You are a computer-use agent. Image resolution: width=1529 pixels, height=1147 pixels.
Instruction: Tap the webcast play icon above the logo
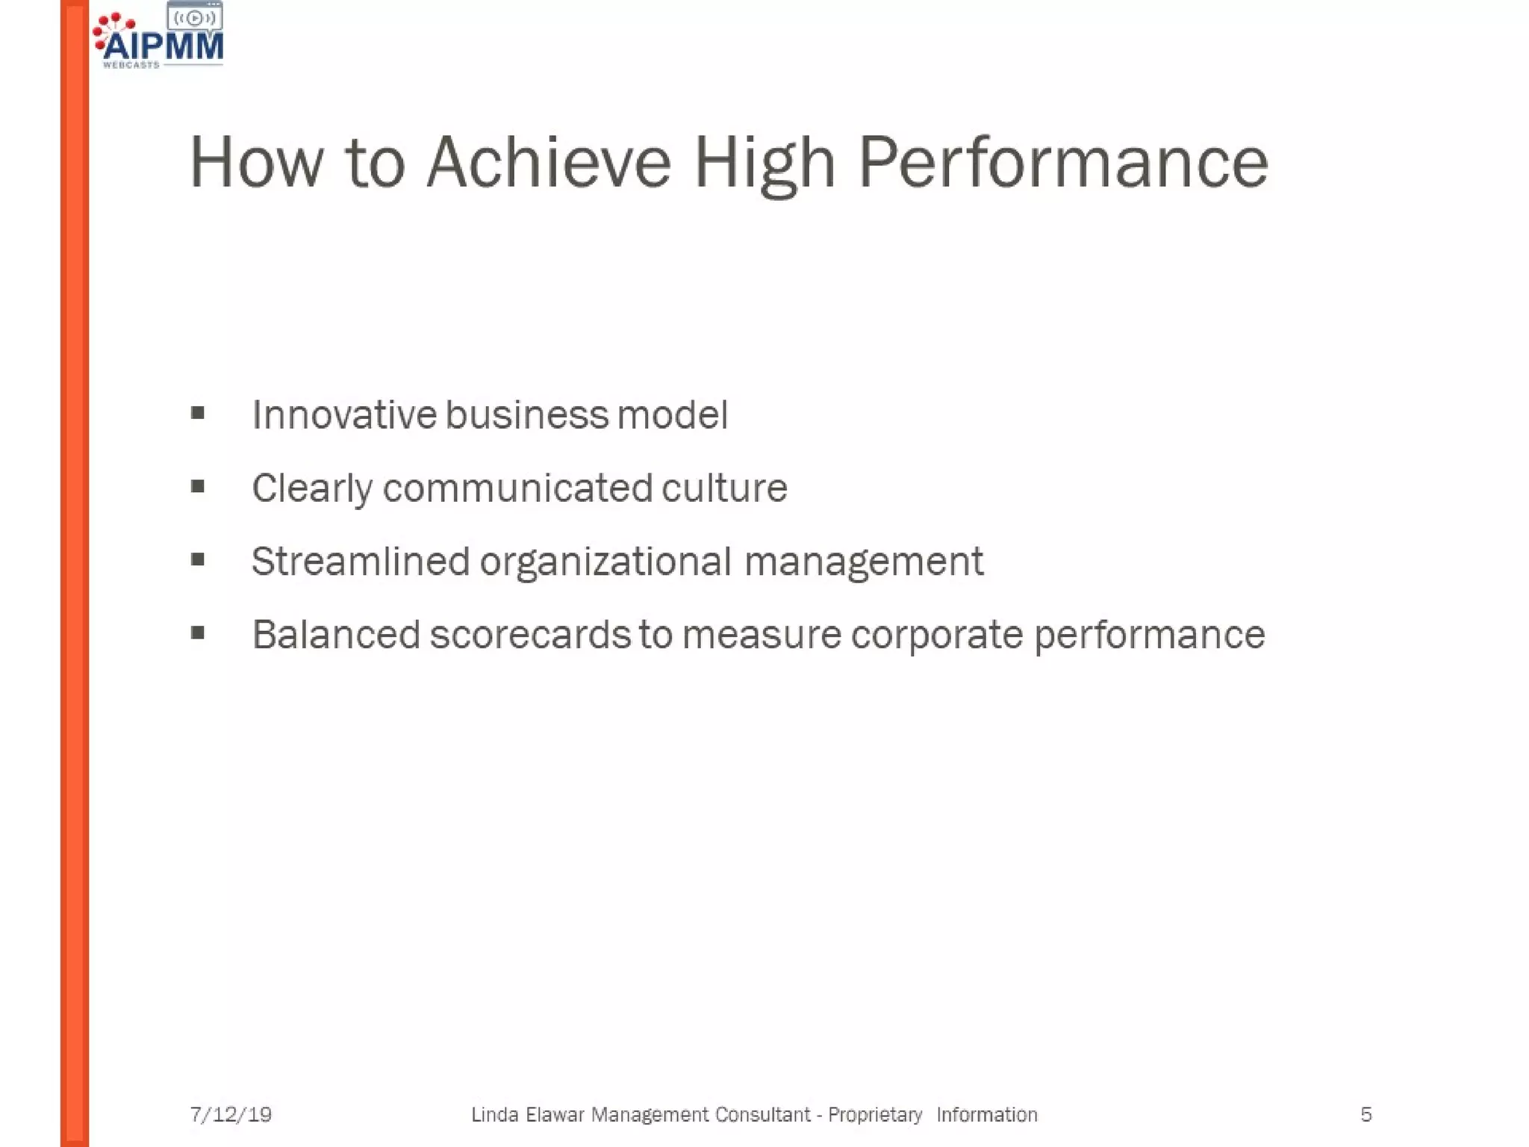click(194, 18)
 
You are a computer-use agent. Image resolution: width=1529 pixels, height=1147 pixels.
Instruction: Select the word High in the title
click(764, 164)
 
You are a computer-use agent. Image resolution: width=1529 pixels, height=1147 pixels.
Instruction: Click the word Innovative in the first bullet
click(344, 414)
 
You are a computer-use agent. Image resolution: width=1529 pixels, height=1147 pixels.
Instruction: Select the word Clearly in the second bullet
click(311, 489)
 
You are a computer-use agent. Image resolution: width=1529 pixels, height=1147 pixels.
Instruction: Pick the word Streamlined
click(360, 561)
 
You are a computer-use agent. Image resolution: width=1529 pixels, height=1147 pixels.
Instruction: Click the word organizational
click(605, 562)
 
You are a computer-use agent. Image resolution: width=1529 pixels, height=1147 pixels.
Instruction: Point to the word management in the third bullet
click(864, 562)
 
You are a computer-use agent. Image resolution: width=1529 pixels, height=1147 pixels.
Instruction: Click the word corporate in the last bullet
click(936, 635)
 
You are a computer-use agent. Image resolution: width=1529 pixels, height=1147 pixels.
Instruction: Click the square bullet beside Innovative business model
click(198, 413)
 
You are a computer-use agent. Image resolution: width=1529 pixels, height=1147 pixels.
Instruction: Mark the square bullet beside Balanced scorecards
click(198, 633)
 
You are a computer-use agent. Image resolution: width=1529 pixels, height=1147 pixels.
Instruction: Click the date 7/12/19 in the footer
click(231, 1115)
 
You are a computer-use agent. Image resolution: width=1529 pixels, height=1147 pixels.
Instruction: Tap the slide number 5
click(1365, 1115)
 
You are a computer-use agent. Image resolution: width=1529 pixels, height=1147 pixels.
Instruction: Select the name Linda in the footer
click(494, 1115)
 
